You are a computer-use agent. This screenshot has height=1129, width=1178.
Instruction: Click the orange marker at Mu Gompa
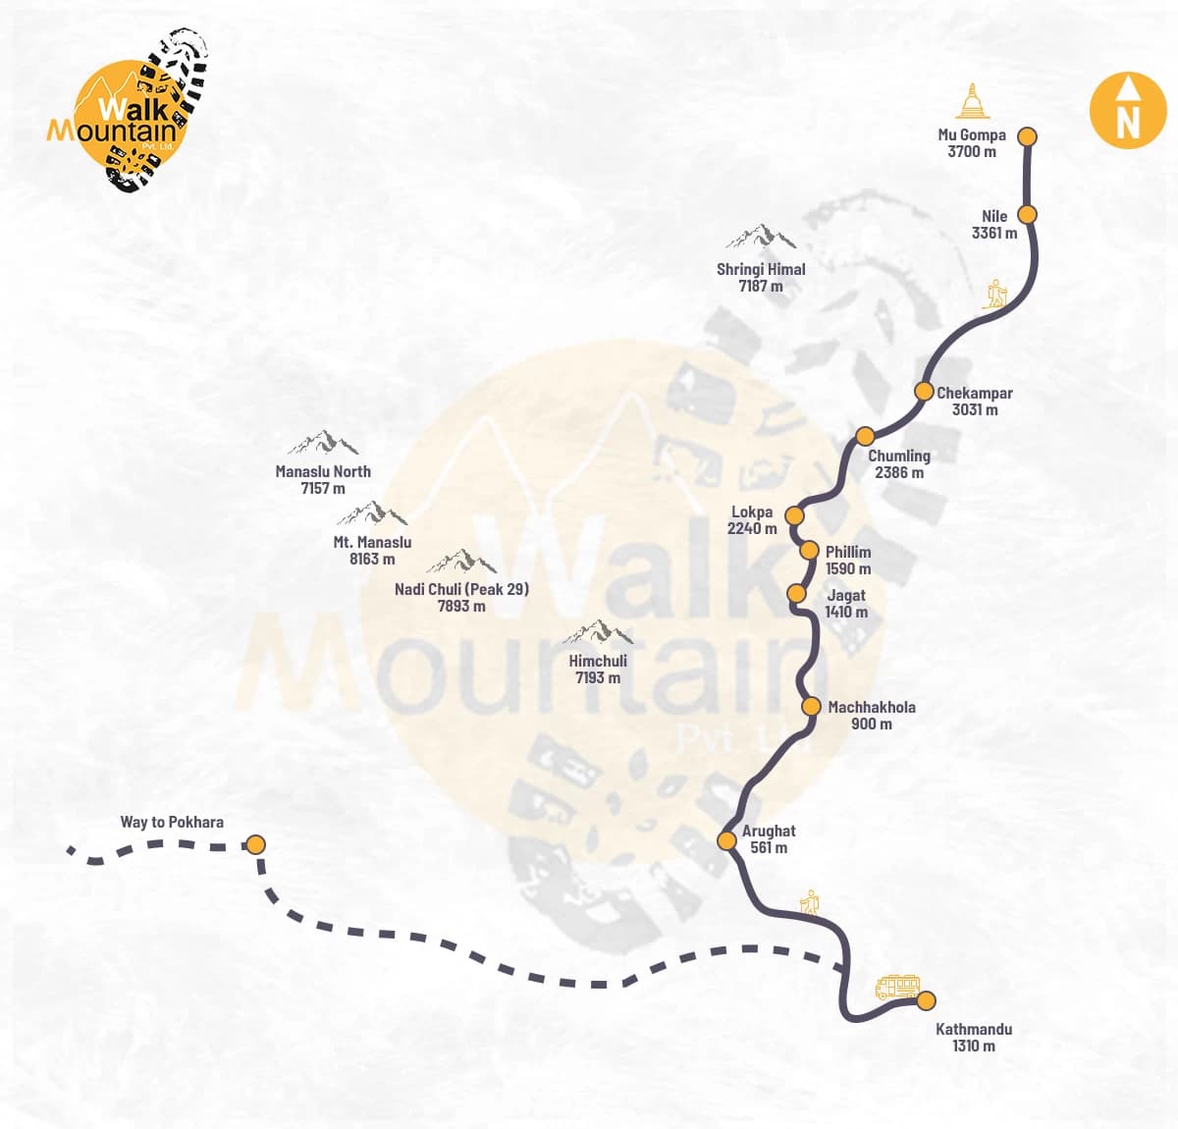coord(1027,136)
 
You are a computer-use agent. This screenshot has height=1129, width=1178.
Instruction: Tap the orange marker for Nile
coord(1027,214)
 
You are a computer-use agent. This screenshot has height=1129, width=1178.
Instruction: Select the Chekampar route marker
coord(924,391)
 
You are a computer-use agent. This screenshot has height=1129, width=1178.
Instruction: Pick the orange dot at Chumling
coord(865,436)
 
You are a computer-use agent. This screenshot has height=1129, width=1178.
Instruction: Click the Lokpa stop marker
coord(795,514)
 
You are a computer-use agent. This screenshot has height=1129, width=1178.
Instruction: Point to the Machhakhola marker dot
coord(811,706)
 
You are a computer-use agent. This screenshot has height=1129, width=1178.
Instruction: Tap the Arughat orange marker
coord(726,840)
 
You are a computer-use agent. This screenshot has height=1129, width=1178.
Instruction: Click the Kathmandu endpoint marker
coord(926,1000)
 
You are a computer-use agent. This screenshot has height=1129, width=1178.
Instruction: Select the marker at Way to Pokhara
coord(255,844)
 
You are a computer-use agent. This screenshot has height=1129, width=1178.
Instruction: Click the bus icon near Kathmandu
coord(897,986)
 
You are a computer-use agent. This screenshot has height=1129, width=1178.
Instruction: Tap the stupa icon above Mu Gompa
coord(971,102)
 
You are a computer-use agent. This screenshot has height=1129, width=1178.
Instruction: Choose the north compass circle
coord(1128,111)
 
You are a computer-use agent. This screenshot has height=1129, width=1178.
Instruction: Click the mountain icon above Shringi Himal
coord(761,237)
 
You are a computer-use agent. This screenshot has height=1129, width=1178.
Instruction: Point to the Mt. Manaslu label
coord(372,542)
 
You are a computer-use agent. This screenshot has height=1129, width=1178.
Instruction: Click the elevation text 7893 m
coord(461,606)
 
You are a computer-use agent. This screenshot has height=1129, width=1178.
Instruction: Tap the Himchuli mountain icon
coord(598,632)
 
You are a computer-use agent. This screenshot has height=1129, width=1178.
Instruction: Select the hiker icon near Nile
coord(996,294)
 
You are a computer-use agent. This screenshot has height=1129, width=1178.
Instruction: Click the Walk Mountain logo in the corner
coord(132,110)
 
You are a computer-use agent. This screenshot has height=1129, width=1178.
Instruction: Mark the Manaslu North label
coord(323,471)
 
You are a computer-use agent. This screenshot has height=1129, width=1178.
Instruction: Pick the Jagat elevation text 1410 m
coord(846,612)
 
